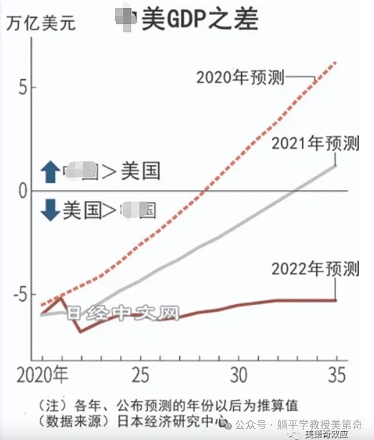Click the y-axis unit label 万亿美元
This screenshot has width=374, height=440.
[41, 25]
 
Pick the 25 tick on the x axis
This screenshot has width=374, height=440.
[141, 376]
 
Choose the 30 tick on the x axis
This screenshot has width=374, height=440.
[239, 376]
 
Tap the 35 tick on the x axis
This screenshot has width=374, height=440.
[335, 376]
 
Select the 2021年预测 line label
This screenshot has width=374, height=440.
[315, 144]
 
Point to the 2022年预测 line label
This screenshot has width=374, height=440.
[315, 269]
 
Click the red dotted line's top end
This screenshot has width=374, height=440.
[336, 62]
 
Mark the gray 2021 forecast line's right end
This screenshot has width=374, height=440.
[336, 165]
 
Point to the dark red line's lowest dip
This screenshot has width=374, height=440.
[80, 331]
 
